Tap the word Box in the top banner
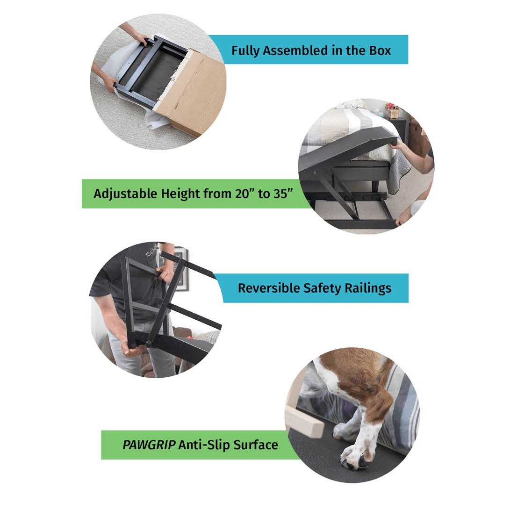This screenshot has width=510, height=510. point(380,50)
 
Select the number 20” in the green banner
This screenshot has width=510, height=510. point(245,194)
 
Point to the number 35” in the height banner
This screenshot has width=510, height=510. point(282,194)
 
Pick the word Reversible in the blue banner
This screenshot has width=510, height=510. point(269,288)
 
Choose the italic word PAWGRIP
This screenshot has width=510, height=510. point(149,445)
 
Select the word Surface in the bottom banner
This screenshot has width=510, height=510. point(256,445)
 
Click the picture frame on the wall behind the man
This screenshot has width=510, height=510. point(181,270)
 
